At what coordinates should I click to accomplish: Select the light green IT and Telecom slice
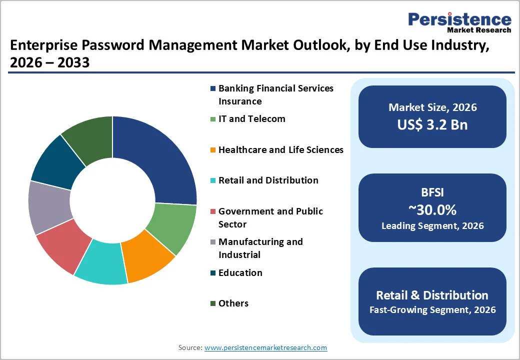172,227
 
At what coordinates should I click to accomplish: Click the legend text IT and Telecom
251,119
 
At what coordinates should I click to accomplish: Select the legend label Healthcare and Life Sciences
280,150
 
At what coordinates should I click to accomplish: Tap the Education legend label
240,273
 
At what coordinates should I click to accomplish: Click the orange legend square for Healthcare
213,150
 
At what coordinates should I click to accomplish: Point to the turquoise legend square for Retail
213,180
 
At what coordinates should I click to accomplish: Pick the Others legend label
233,303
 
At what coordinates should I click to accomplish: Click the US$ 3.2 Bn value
432,124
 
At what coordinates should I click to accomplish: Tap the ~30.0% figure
432,209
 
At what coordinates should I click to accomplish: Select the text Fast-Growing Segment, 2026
432,310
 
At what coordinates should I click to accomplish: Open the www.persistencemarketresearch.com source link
265,347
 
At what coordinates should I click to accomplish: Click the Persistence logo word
459,19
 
